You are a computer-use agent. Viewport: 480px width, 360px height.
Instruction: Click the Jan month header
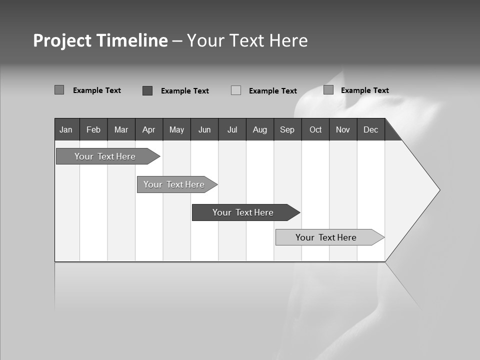66,129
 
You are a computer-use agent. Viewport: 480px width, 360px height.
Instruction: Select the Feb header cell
93,129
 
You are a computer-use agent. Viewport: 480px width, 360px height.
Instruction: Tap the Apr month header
149,129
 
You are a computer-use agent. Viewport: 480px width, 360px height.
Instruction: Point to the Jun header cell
204,129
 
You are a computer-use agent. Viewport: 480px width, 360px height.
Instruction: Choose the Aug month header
260,129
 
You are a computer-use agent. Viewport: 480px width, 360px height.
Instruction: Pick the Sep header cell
287,129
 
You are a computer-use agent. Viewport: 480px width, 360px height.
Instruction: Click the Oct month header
315,129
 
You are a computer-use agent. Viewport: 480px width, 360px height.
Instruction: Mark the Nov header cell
343,129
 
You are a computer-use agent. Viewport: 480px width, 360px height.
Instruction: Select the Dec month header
371,129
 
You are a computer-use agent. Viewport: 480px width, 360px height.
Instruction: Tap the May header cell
176,129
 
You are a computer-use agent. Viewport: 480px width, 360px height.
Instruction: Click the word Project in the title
62,40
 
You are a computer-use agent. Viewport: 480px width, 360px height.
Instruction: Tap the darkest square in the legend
147,90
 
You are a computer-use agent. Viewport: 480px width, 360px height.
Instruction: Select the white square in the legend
236,90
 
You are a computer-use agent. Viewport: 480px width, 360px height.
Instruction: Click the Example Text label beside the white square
273,91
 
